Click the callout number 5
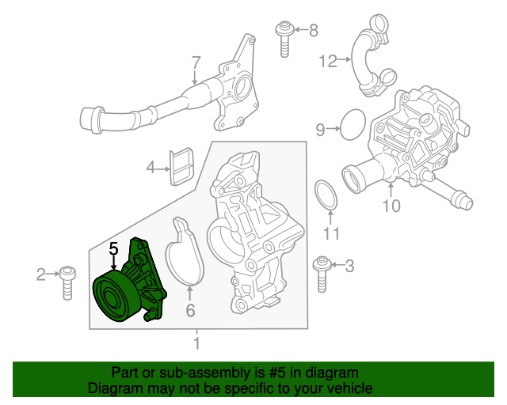coord(113,248)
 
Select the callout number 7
coord(196,62)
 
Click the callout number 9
coord(321,129)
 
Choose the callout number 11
coord(332,233)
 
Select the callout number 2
coord(41,274)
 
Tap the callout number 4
coord(151,167)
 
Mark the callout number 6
coord(190,311)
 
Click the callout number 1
coord(196,344)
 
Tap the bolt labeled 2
coord(67,281)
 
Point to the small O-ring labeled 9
coord(352,127)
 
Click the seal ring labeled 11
coord(326,196)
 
